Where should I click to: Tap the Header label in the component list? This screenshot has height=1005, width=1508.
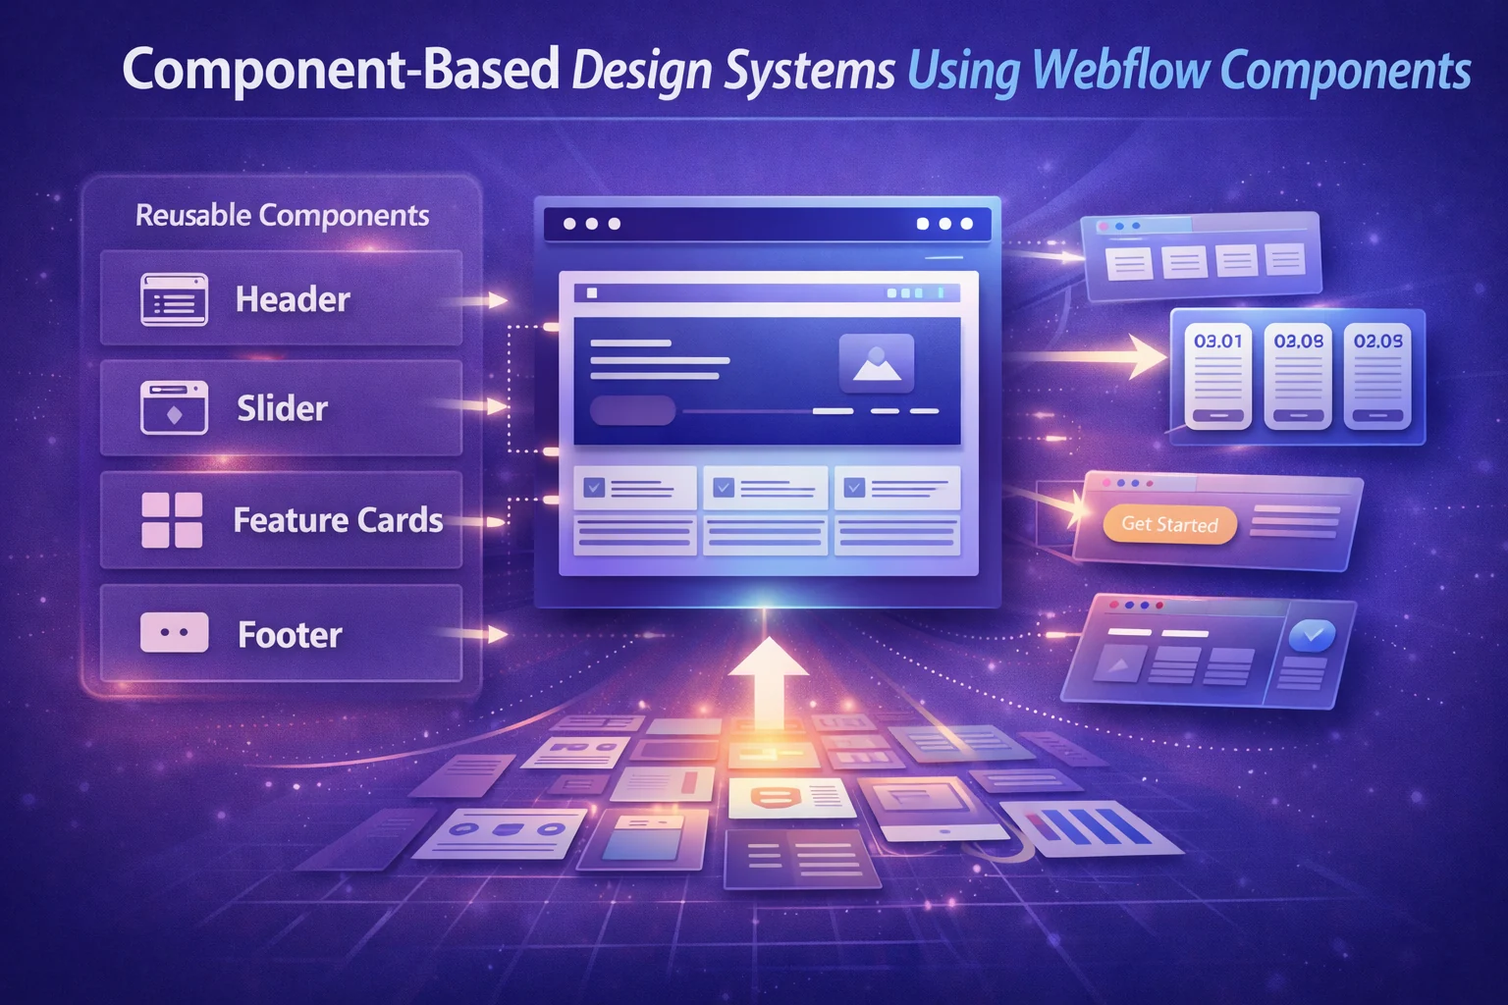tap(293, 299)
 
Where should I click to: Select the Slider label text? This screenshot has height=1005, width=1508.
tap(282, 408)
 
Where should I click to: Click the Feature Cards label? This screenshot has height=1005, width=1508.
tap(338, 519)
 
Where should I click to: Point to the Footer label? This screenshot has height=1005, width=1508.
tap(290, 635)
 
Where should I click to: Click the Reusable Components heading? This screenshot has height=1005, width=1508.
tap(282, 215)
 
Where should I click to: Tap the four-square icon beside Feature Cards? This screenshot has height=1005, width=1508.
tap(173, 520)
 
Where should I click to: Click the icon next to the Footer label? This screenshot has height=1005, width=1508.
tap(175, 633)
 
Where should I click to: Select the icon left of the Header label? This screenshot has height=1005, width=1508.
tap(175, 299)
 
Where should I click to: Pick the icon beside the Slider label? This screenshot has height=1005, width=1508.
tap(175, 407)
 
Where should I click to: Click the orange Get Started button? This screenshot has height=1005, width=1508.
tap(1169, 524)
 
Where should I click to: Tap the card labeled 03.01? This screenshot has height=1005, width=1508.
tap(1218, 377)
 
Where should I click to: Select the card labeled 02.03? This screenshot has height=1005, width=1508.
tap(1377, 377)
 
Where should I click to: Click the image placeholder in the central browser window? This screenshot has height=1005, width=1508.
tap(877, 363)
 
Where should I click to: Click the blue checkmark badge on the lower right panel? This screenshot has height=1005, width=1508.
tap(1312, 635)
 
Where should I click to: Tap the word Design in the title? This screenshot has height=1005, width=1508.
tap(641, 71)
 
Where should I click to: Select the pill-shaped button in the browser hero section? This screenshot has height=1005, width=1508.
tap(633, 410)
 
